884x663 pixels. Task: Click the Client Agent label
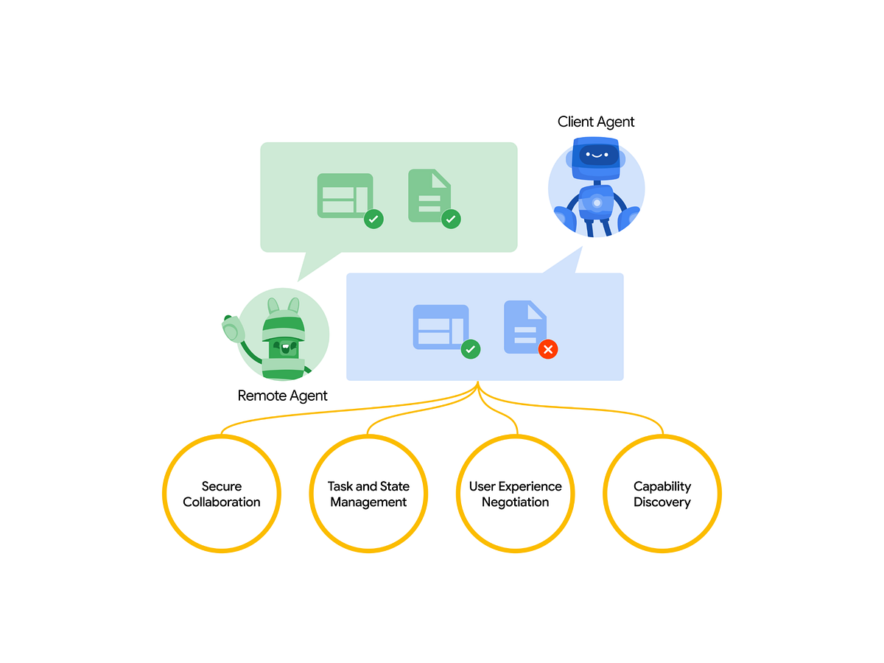595,122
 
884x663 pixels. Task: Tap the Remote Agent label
282,396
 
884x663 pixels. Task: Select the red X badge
548,349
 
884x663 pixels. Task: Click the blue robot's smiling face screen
597,155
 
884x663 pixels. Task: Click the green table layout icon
345,196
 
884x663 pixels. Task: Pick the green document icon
429,195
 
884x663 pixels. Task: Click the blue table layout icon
441,327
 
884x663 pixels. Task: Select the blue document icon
525,327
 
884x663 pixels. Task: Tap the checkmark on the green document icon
451,219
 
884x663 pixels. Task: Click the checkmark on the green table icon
373,219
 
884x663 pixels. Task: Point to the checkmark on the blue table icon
471,349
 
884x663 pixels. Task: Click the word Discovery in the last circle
662,502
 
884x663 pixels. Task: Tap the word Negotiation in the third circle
515,502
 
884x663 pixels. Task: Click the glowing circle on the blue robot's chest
597,203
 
